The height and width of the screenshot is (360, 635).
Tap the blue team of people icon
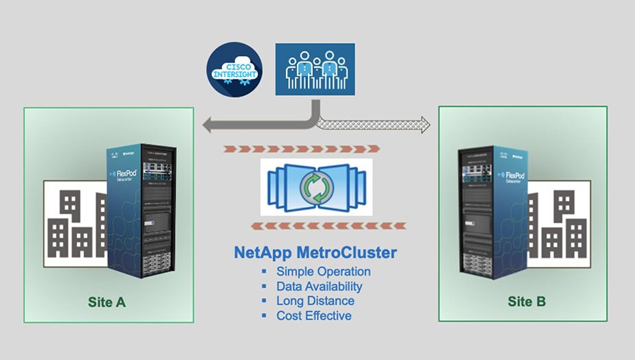point(315,71)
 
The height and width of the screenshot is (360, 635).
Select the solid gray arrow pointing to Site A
point(254,125)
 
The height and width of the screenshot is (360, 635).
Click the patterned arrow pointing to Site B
point(377,125)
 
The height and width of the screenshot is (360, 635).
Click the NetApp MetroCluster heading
point(315,253)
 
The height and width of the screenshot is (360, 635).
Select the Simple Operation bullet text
point(323,272)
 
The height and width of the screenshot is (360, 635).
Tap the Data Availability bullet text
point(319,287)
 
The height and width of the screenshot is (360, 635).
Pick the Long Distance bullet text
point(315,301)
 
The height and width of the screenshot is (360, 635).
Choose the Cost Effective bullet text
point(313,316)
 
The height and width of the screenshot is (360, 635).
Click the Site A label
point(108,302)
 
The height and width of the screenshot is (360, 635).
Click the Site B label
point(527,301)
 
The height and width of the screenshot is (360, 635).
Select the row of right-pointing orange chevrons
point(302,148)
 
